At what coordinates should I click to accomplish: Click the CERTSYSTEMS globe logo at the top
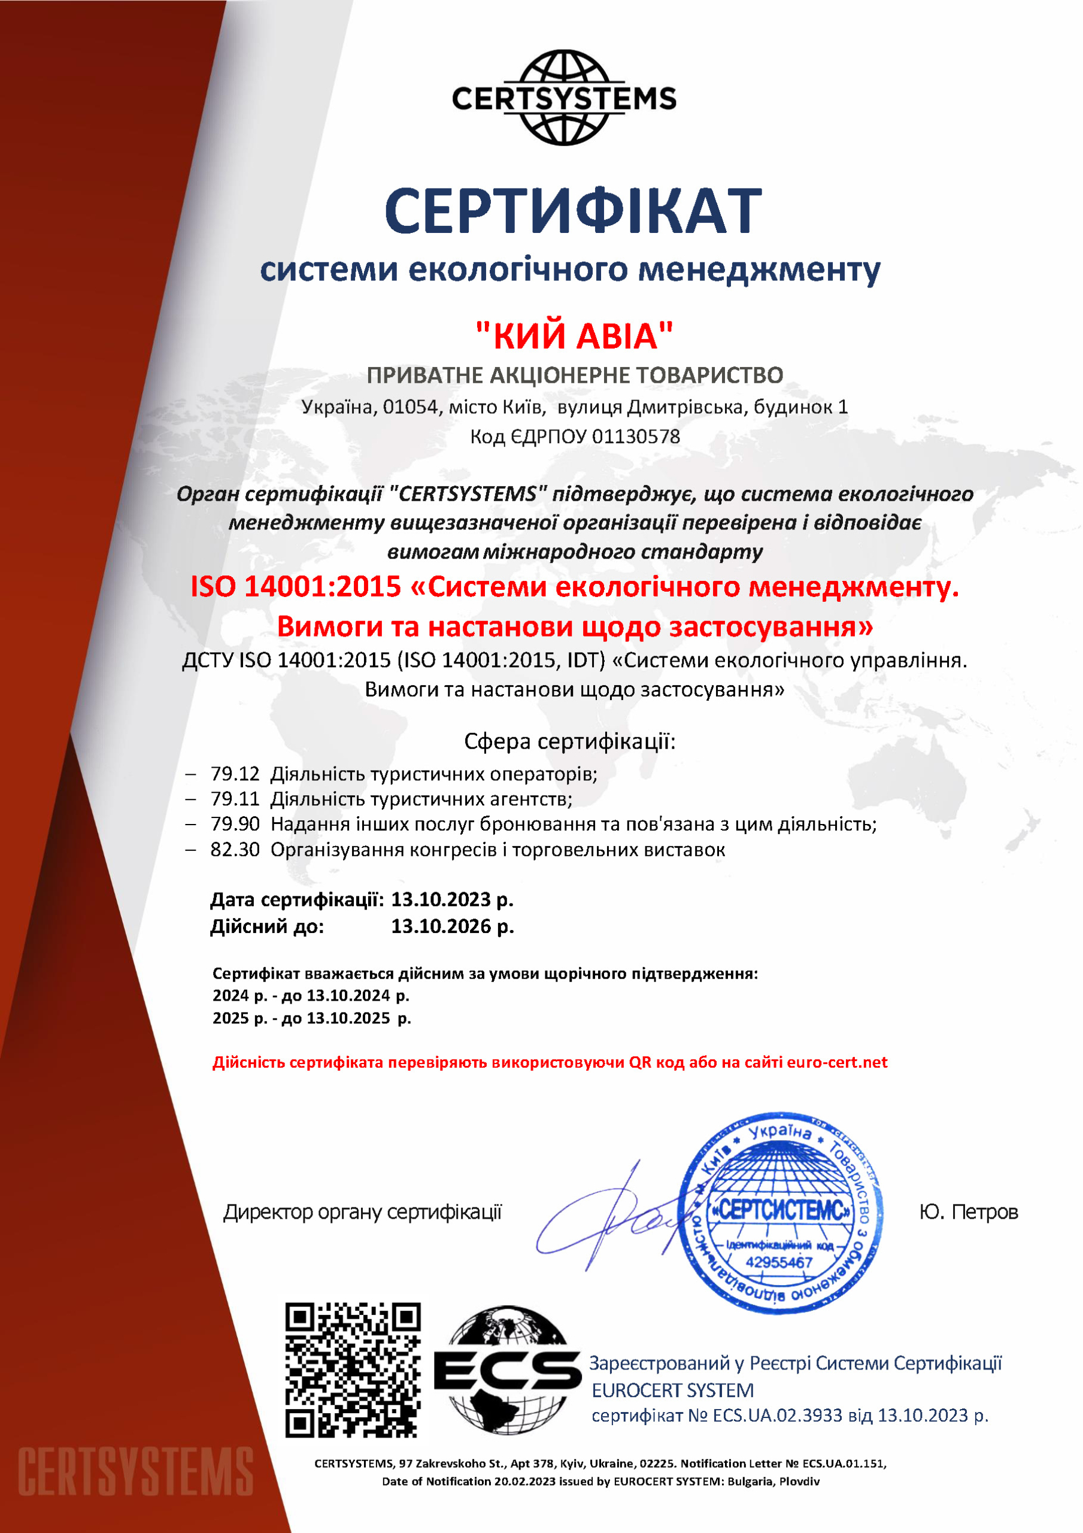pyautogui.click(x=564, y=98)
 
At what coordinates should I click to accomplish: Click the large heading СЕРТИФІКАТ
pyautogui.click(x=573, y=210)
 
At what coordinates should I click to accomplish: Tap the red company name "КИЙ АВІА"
pyautogui.click(x=574, y=335)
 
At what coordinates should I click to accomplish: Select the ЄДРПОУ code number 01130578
pyautogui.click(x=636, y=437)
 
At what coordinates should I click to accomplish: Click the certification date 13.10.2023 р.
pyautogui.click(x=452, y=899)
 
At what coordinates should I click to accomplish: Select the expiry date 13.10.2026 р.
pyautogui.click(x=452, y=926)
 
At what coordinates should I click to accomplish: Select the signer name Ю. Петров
pyautogui.click(x=968, y=1212)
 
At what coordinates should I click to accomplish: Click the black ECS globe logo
pyautogui.click(x=508, y=1370)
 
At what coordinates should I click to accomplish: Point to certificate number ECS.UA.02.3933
pyautogui.click(x=777, y=1416)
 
